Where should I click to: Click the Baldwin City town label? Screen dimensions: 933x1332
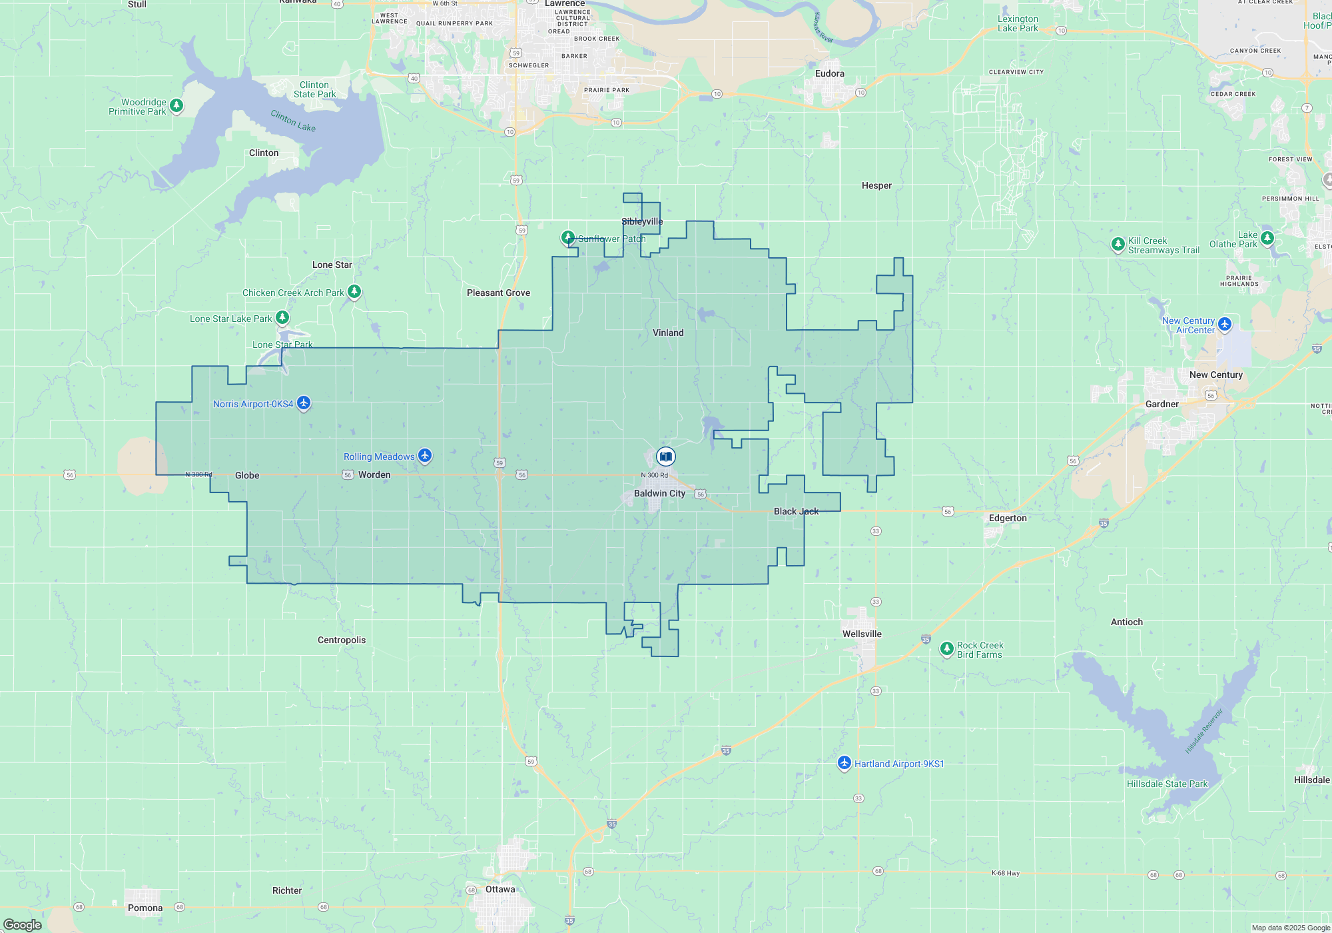coord(659,494)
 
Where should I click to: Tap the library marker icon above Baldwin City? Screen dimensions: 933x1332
coord(665,457)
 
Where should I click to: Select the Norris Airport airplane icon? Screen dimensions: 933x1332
coord(304,403)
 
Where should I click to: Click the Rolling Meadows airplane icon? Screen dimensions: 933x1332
coord(425,456)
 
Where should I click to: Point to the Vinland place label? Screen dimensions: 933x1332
coord(668,333)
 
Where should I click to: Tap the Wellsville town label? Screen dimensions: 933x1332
coord(862,634)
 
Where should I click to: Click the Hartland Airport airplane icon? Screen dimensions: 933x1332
coord(844,762)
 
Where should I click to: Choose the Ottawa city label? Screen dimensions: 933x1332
coord(500,889)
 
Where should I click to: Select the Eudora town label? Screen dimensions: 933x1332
coord(829,73)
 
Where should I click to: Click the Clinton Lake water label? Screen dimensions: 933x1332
coord(293,121)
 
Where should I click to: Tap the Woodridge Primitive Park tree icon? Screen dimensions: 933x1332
coord(176,105)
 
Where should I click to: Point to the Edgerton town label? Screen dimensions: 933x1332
coord(1008,518)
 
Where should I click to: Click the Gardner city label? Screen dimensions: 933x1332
coord(1162,404)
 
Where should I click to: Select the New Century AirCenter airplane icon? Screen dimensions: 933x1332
coord(1224,325)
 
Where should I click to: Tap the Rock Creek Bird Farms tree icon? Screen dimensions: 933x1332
coord(946,648)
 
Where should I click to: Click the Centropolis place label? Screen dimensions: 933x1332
coord(342,640)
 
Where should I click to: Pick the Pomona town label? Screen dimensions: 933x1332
coord(145,908)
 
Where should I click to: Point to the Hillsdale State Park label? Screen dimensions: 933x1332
coord(1167,784)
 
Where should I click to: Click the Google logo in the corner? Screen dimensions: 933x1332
coord(23,924)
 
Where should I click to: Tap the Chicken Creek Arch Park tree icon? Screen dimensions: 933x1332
coord(354,291)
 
